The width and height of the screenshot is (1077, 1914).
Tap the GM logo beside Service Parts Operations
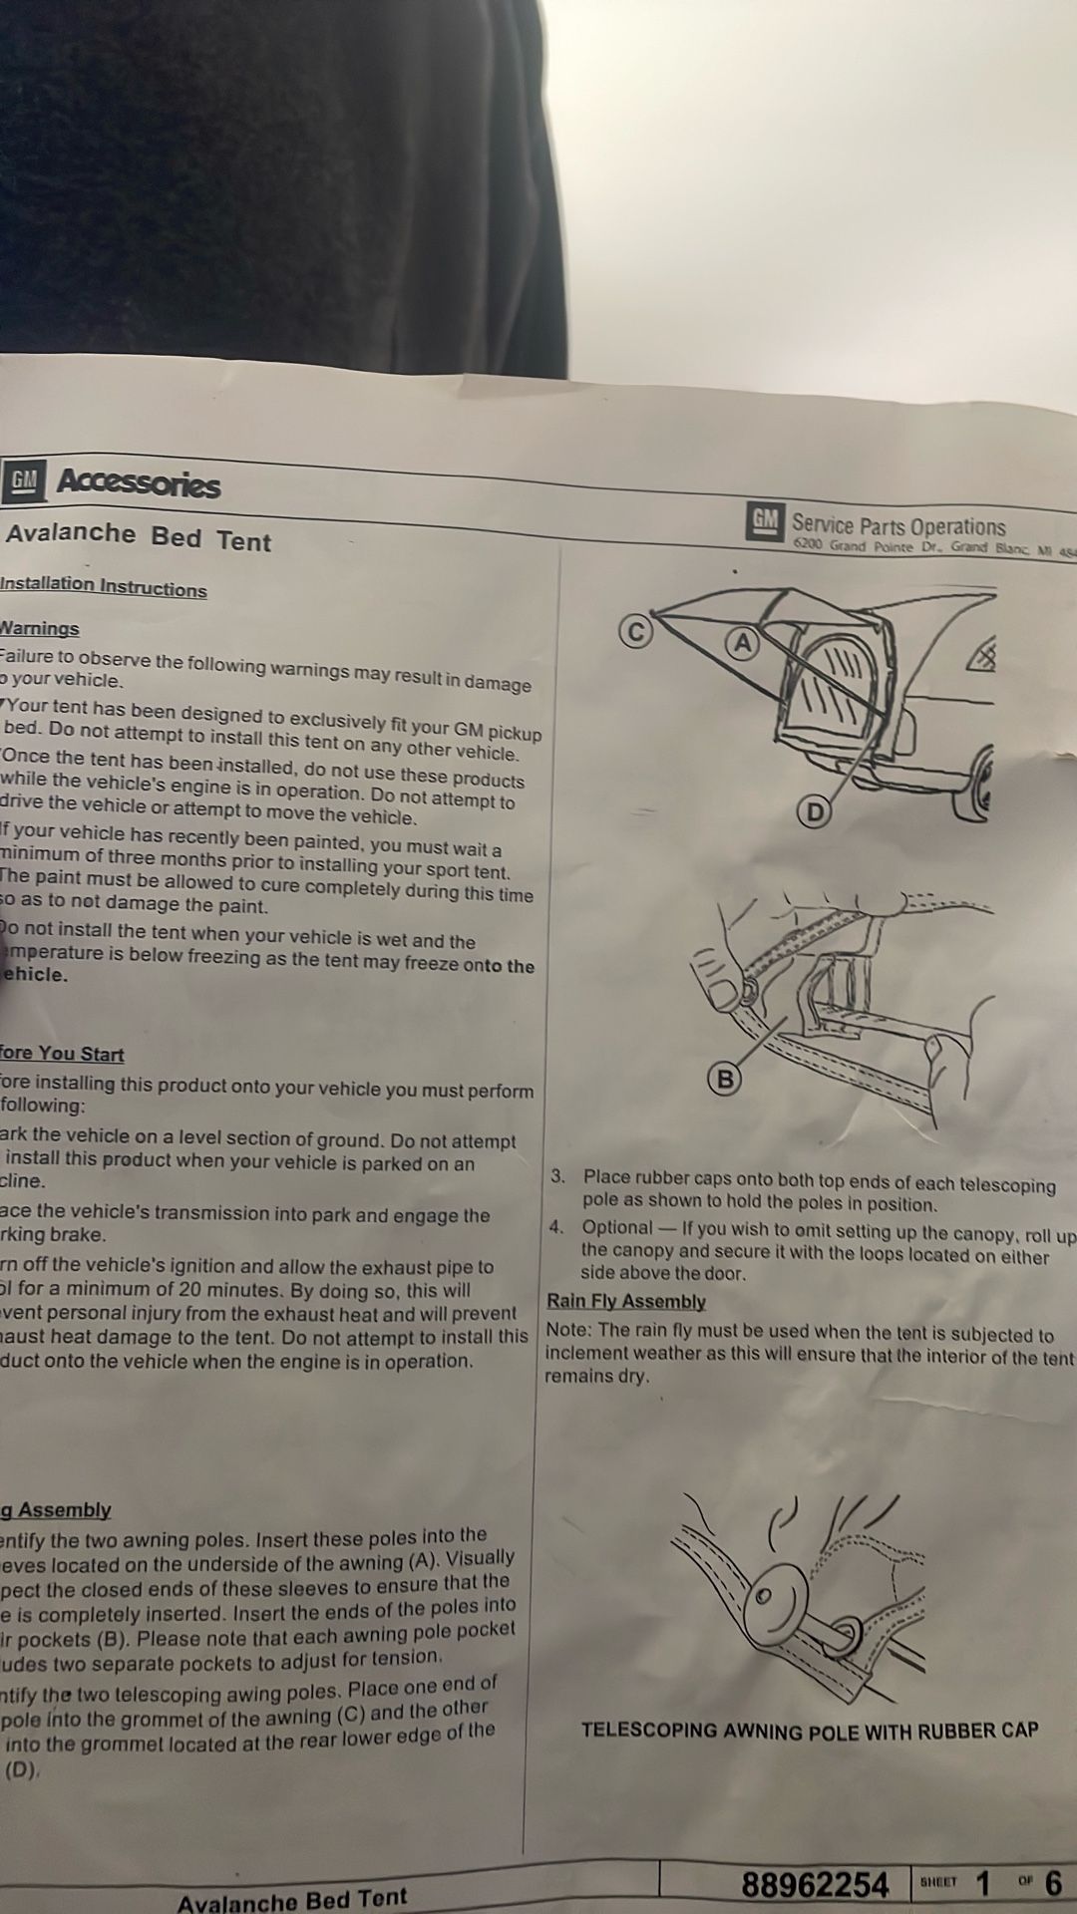[x=765, y=521]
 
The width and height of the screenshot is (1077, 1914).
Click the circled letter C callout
[x=635, y=631]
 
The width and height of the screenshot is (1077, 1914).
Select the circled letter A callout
[x=741, y=643]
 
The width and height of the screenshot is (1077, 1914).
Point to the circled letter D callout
[x=815, y=812]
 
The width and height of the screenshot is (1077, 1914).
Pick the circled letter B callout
[x=725, y=1079]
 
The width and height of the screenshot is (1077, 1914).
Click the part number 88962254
[x=814, y=1884]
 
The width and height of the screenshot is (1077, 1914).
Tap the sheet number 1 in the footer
[x=983, y=1883]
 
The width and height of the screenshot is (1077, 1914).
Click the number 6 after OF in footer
[x=1053, y=1882]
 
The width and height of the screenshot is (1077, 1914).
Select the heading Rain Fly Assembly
[x=626, y=1301]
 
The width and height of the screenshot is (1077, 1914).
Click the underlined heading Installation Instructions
[x=103, y=586]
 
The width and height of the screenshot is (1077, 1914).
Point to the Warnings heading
[x=39, y=628]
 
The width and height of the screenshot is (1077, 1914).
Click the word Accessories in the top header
[x=139, y=483]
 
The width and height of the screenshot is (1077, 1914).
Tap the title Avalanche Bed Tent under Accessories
[x=139, y=536]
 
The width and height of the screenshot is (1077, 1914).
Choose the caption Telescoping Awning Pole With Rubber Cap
[x=809, y=1730]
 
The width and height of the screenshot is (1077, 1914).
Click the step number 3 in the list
[x=558, y=1176]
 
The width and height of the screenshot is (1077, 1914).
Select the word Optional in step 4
[x=617, y=1227]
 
